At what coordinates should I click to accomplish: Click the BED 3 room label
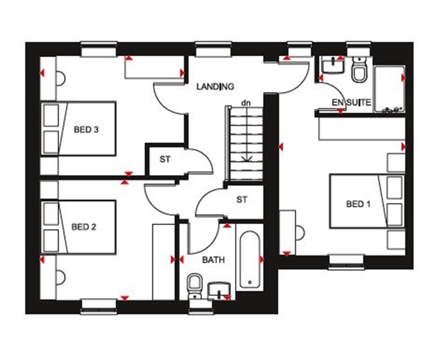click(x=86, y=130)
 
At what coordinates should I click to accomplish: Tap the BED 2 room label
click(x=84, y=227)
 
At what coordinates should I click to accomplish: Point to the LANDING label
click(x=215, y=86)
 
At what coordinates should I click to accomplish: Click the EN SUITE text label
click(x=352, y=103)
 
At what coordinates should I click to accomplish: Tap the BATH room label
click(x=213, y=260)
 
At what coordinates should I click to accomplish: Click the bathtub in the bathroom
click(x=249, y=259)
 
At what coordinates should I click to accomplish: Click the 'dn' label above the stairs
click(x=246, y=102)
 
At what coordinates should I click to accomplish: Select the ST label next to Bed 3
click(x=165, y=159)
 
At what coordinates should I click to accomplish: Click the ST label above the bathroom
click(x=242, y=200)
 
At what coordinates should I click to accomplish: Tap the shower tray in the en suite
click(x=389, y=89)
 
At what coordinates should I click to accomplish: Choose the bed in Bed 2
click(x=78, y=227)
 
